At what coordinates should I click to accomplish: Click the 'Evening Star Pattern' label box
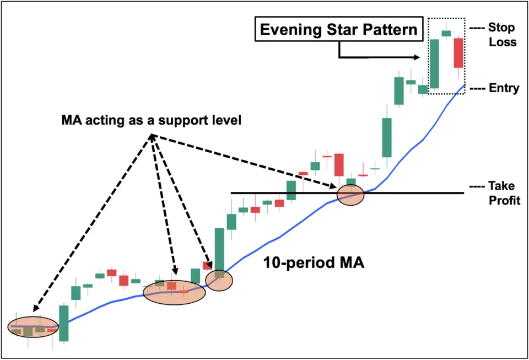[x=338, y=29]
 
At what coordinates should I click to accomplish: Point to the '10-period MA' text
[x=313, y=263]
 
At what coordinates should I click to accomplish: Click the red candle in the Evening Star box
[x=458, y=53]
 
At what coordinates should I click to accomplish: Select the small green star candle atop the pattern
[x=446, y=33]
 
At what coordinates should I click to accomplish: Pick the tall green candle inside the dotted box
[x=434, y=63]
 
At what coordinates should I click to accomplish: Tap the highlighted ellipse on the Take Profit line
[x=350, y=195]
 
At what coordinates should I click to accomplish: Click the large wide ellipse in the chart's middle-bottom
[x=174, y=292]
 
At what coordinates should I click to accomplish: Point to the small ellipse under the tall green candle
[x=219, y=280]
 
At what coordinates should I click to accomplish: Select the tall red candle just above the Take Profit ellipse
[x=339, y=164]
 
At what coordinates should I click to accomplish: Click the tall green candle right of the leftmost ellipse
[x=64, y=323]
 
